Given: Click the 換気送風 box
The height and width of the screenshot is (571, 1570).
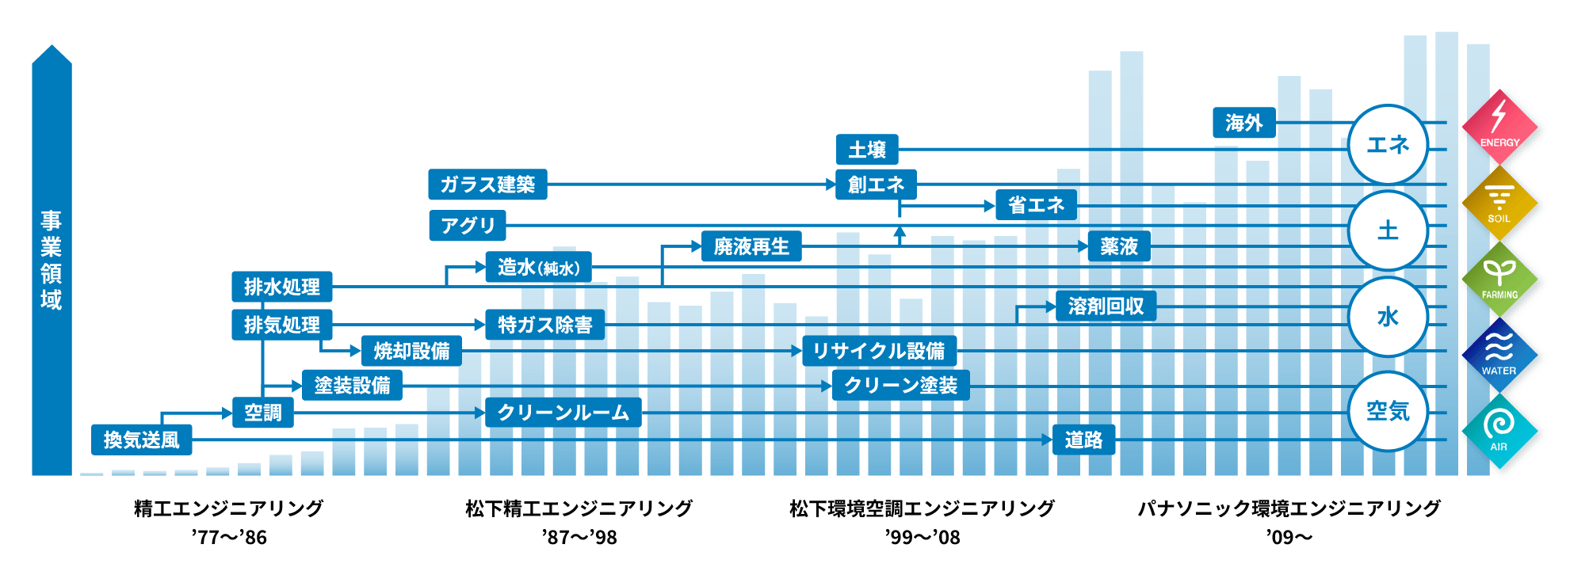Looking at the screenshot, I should tap(141, 440).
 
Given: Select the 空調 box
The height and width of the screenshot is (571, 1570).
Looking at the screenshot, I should tap(262, 413).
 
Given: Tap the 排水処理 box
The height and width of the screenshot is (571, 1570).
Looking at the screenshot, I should tap(281, 287).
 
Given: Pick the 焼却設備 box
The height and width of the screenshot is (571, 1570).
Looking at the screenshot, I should tap(411, 351).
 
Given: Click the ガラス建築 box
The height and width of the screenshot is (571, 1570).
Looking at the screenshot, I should tap(487, 185).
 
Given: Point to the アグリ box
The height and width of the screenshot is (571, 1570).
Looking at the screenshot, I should tap(467, 226).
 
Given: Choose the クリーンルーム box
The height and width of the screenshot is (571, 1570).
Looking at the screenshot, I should tap(563, 413).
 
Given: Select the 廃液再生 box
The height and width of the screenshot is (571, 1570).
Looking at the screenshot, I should tap(751, 246).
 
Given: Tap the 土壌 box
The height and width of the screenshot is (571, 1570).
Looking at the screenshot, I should tap(867, 149).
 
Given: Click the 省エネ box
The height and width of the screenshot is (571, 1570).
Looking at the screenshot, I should tap(1036, 205).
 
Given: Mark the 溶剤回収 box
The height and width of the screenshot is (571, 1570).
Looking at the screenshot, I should tap(1106, 306).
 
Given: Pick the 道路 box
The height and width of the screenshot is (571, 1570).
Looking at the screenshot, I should tap(1083, 440).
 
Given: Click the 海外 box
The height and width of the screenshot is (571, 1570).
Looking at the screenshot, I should tap(1243, 123).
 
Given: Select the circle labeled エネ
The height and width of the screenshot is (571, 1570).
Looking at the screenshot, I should tap(1388, 145).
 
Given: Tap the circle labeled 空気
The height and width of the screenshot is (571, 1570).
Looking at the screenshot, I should tap(1388, 411).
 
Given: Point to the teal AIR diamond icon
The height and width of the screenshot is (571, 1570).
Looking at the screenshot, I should tap(1499, 431).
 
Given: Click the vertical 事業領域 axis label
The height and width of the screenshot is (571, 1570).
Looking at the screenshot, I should tap(52, 260).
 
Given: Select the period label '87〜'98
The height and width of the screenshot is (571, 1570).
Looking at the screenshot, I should tap(579, 538).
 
